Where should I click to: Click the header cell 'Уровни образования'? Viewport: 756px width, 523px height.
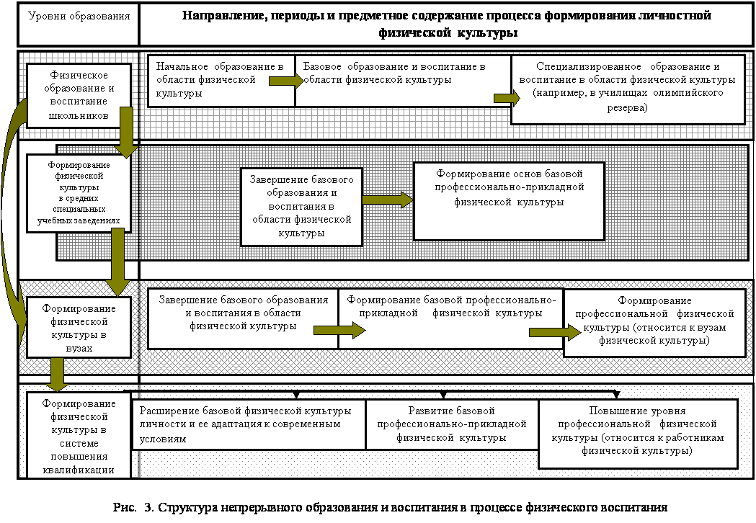point(79,16)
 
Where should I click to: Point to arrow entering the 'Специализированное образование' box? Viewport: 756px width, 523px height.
point(507,98)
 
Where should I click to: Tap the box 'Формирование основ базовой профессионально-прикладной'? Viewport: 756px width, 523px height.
point(508,200)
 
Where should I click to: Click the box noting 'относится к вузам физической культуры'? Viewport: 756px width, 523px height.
point(654,322)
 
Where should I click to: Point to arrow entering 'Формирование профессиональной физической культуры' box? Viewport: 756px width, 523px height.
point(554,332)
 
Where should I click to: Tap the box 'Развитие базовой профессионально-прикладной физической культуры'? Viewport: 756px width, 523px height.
point(451,424)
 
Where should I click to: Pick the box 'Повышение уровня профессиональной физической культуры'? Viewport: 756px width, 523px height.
point(637,433)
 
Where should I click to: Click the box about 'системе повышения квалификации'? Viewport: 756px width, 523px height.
point(79,435)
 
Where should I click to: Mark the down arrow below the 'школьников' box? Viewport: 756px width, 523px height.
point(125,132)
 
